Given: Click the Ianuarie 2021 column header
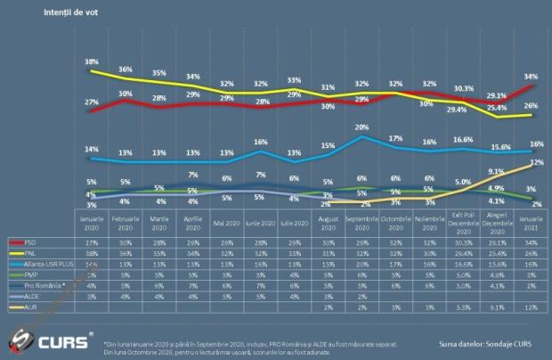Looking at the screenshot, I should tap(532, 221).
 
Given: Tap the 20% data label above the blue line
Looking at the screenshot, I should tap(361, 127).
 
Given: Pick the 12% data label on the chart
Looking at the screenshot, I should tap(537, 163).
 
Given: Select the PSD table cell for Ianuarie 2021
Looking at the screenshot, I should tap(532, 241).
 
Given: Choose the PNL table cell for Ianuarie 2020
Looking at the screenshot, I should tap(92, 252).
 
